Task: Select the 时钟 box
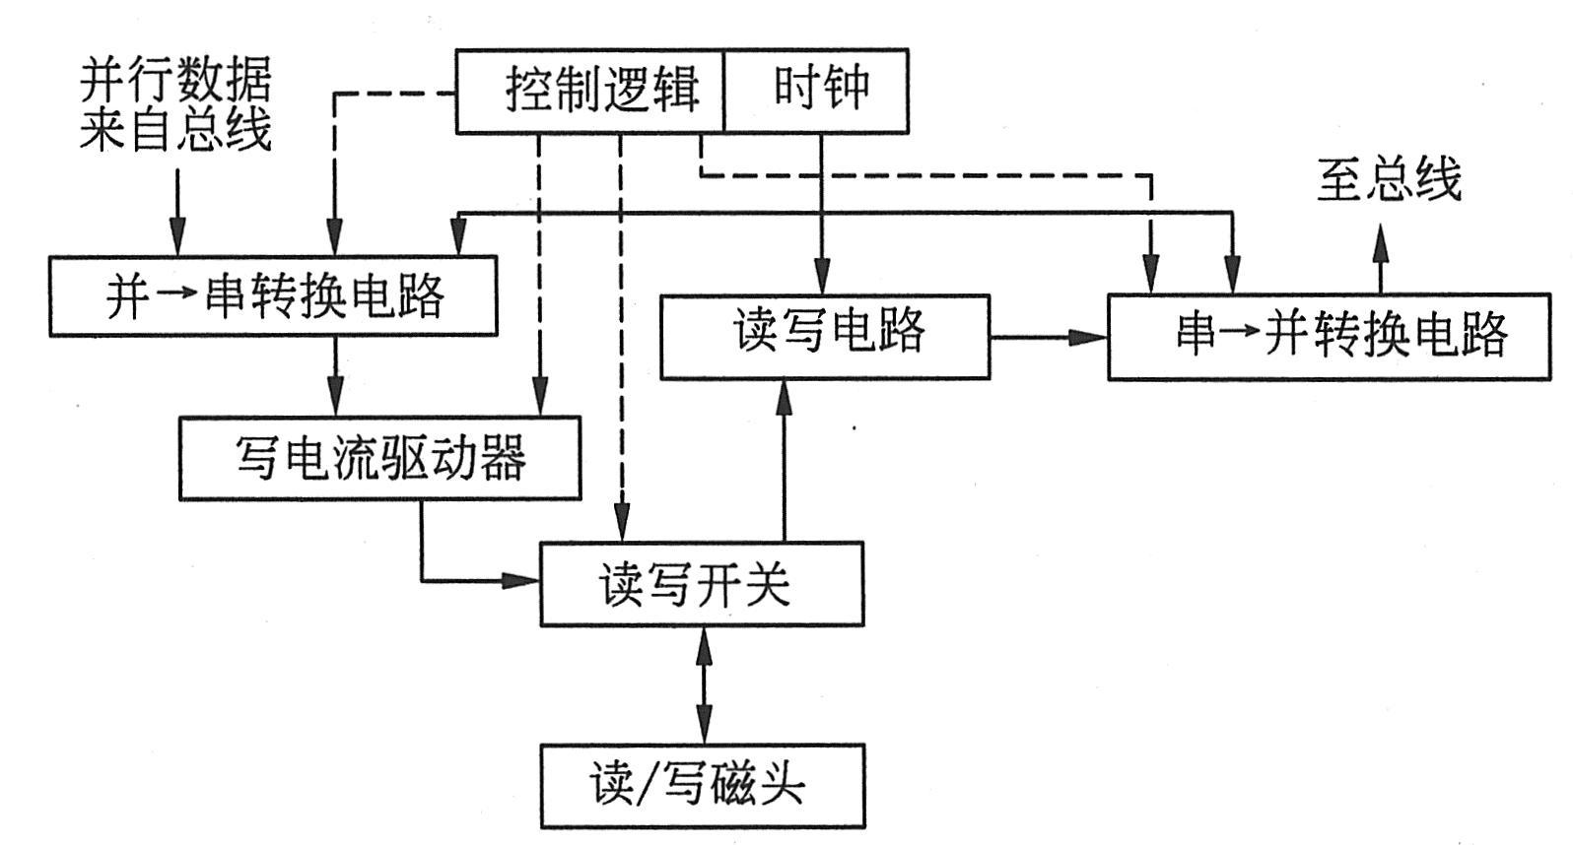click(x=816, y=91)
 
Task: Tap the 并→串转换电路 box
click(x=273, y=295)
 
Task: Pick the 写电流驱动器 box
click(x=379, y=458)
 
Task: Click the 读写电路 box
click(x=825, y=336)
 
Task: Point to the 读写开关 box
click(x=702, y=583)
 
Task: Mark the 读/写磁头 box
click(x=702, y=785)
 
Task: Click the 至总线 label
click(x=1389, y=180)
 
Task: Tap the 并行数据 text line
click(x=175, y=79)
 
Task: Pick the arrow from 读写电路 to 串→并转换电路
click(x=1049, y=337)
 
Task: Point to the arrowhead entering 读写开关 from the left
click(x=522, y=580)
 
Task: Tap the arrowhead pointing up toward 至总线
click(x=1381, y=241)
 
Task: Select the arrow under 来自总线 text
click(x=177, y=212)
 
